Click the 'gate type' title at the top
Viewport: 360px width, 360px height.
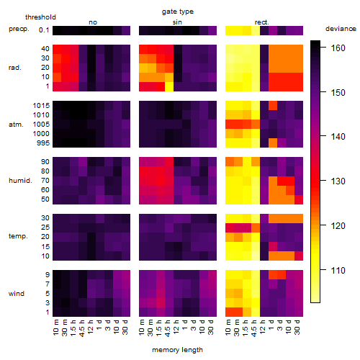[x=178, y=12]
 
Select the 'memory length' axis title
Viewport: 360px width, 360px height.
[x=177, y=350]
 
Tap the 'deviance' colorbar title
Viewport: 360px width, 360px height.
[x=341, y=29]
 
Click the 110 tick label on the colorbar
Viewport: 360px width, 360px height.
[x=338, y=270]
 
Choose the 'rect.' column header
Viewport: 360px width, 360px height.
[x=262, y=22]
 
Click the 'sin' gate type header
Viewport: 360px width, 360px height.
[x=177, y=22]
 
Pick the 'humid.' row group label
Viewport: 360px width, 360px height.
[x=20, y=181]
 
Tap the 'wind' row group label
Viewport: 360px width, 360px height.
[x=17, y=294]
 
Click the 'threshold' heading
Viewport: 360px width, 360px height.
[x=40, y=17]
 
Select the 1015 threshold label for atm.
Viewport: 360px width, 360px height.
[x=41, y=105]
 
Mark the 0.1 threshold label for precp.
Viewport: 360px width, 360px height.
[x=44, y=30]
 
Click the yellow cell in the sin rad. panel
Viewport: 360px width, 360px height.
[x=169, y=86]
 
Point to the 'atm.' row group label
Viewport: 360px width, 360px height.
[x=16, y=125]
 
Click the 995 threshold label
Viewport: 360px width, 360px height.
[x=43, y=143]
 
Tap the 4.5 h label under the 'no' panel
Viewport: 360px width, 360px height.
[x=82, y=328]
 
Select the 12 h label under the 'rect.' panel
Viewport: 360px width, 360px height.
[x=263, y=327]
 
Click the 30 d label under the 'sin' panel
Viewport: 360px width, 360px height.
[x=211, y=327]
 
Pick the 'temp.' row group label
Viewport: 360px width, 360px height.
[x=18, y=236]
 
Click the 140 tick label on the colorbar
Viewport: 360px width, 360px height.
[x=338, y=137]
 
